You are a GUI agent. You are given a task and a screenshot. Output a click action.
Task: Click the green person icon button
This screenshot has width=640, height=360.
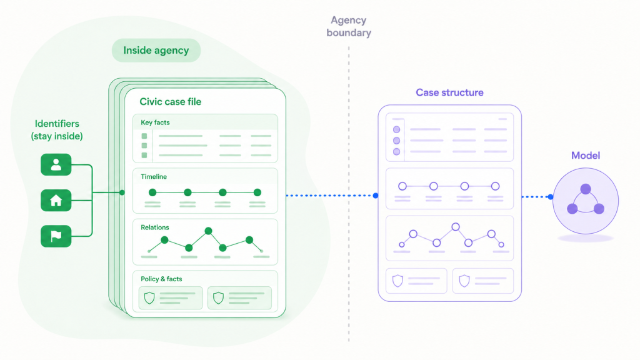point(56,164)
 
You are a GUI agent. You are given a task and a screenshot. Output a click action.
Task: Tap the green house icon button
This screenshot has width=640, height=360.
point(56,201)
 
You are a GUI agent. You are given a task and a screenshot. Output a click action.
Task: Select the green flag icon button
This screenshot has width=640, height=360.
point(56,236)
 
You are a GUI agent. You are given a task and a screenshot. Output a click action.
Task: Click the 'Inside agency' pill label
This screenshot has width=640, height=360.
point(156,50)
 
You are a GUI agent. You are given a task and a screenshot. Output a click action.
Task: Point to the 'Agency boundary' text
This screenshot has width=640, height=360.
point(349,26)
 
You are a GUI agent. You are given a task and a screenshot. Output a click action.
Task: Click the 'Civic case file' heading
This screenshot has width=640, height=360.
point(170,102)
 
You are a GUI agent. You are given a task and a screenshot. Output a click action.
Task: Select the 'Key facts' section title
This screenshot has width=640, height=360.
point(155,122)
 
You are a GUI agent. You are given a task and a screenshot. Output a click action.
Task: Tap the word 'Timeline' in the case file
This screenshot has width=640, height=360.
point(154,177)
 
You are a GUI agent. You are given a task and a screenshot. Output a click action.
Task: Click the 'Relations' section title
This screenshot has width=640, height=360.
point(155,227)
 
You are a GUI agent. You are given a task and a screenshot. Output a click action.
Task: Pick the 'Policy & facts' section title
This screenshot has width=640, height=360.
point(161,279)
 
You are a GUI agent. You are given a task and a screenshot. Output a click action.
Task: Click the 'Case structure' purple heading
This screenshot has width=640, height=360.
point(449,92)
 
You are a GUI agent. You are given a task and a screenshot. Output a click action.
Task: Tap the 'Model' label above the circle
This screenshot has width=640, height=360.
point(585,156)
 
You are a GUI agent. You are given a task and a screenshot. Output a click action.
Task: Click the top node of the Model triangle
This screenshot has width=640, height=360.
point(586,189)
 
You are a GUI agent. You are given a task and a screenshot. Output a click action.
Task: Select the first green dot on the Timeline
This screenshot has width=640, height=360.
point(152,192)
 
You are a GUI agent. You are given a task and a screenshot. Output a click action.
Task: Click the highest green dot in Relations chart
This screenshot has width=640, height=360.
point(209,231)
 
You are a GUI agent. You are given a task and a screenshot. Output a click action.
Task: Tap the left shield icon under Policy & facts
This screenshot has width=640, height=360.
point(149,298)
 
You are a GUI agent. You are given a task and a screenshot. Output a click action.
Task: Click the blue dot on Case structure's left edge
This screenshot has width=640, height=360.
point(376,196)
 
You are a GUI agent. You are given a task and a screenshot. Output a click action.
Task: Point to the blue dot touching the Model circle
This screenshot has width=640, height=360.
point(551,197)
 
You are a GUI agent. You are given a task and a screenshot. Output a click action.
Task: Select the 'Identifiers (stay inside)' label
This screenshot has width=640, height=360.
point(57,130)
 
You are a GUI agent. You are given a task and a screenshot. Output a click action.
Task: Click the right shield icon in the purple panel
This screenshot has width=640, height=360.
point(464,281)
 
